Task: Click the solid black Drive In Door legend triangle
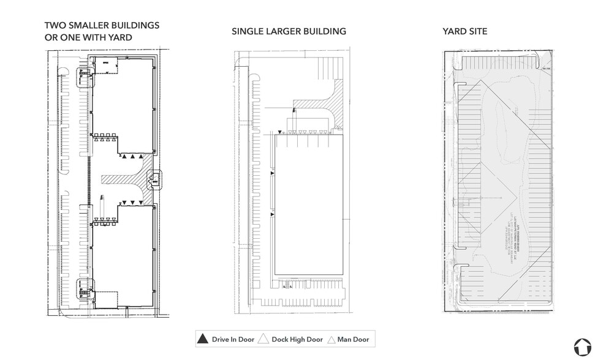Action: [x=202, y=339]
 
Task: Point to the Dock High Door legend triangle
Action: [x=264, y=339]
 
